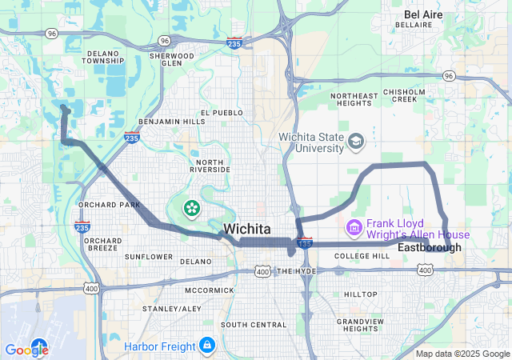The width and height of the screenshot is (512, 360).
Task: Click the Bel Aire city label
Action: coord(423,14)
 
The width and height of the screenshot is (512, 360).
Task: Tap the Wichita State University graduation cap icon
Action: coord(355,142)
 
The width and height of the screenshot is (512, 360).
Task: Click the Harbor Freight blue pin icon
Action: coord(207,345)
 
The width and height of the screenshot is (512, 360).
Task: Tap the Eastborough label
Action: coord(430,248)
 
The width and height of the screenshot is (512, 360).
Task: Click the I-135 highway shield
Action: coord(304,242)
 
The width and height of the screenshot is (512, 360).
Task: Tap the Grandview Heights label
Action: coord(361,325)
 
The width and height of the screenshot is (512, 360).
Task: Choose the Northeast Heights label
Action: coord(354,100)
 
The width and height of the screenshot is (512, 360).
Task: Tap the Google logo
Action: coord(27,350)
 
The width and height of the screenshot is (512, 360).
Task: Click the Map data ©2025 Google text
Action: coord(462,354)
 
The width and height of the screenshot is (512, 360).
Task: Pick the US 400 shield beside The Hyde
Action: coord(263,272)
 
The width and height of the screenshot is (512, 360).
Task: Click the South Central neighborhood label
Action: coord(254,325)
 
